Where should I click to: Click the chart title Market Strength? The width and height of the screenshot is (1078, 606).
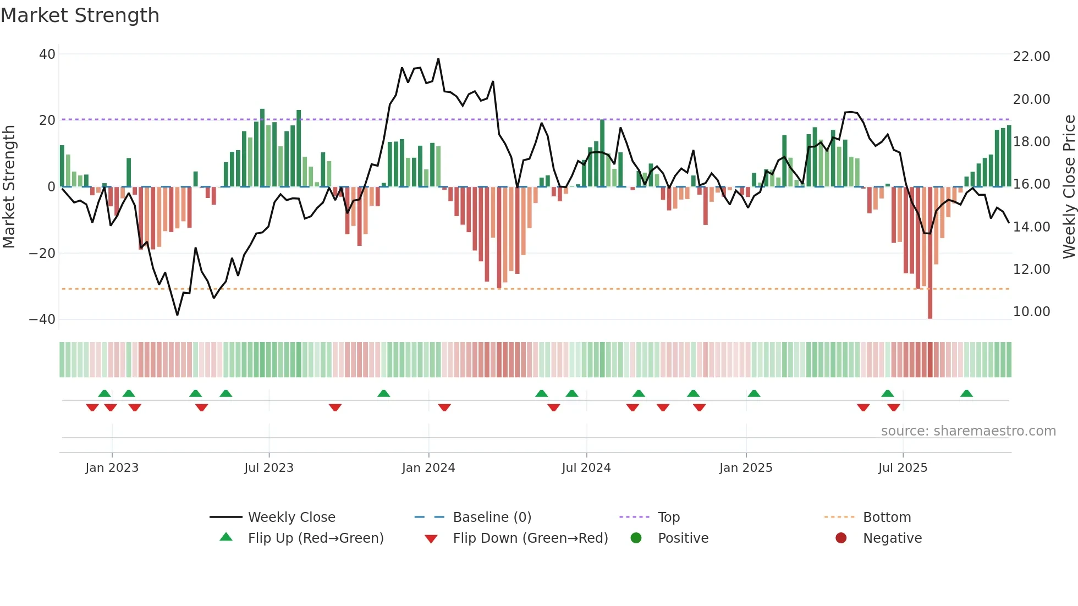[x=80, y=15]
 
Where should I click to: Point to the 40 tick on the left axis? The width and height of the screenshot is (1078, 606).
[x=47, y=54]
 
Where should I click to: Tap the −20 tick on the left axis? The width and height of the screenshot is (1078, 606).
[x=42, y=254]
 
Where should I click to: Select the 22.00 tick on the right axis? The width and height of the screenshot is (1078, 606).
[x=1031, y=57]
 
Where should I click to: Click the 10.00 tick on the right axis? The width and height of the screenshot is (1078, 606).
[x=1031, y=312]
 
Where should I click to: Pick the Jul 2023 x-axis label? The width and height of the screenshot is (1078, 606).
[x=269, y=468]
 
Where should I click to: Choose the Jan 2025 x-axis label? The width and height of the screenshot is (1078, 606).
[x=746, y=468]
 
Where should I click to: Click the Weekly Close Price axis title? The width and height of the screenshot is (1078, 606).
[x=1069, y=187]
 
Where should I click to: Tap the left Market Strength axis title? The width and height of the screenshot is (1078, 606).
[x=9, y=187]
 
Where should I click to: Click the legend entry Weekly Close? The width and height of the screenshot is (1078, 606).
[x=291, y=517]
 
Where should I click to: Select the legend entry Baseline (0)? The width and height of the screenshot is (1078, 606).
[x=492, y=517]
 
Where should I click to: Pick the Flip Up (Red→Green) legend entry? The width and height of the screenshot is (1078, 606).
[x=315, y=538]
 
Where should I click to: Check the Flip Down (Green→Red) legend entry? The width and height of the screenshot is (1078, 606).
[x=530, y=538]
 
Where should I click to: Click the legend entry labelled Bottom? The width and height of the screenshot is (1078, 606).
[x=887, y=517]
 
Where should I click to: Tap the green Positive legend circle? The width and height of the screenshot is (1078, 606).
[x=636, y=538]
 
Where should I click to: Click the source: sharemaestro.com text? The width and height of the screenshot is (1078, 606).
[x=968, y=431]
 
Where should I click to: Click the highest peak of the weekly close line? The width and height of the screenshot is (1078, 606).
[x=438, y=59]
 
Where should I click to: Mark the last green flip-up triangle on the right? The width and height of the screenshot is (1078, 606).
[x=966, y=393]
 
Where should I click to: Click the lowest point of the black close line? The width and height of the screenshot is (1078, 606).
[x=177, y=315]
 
